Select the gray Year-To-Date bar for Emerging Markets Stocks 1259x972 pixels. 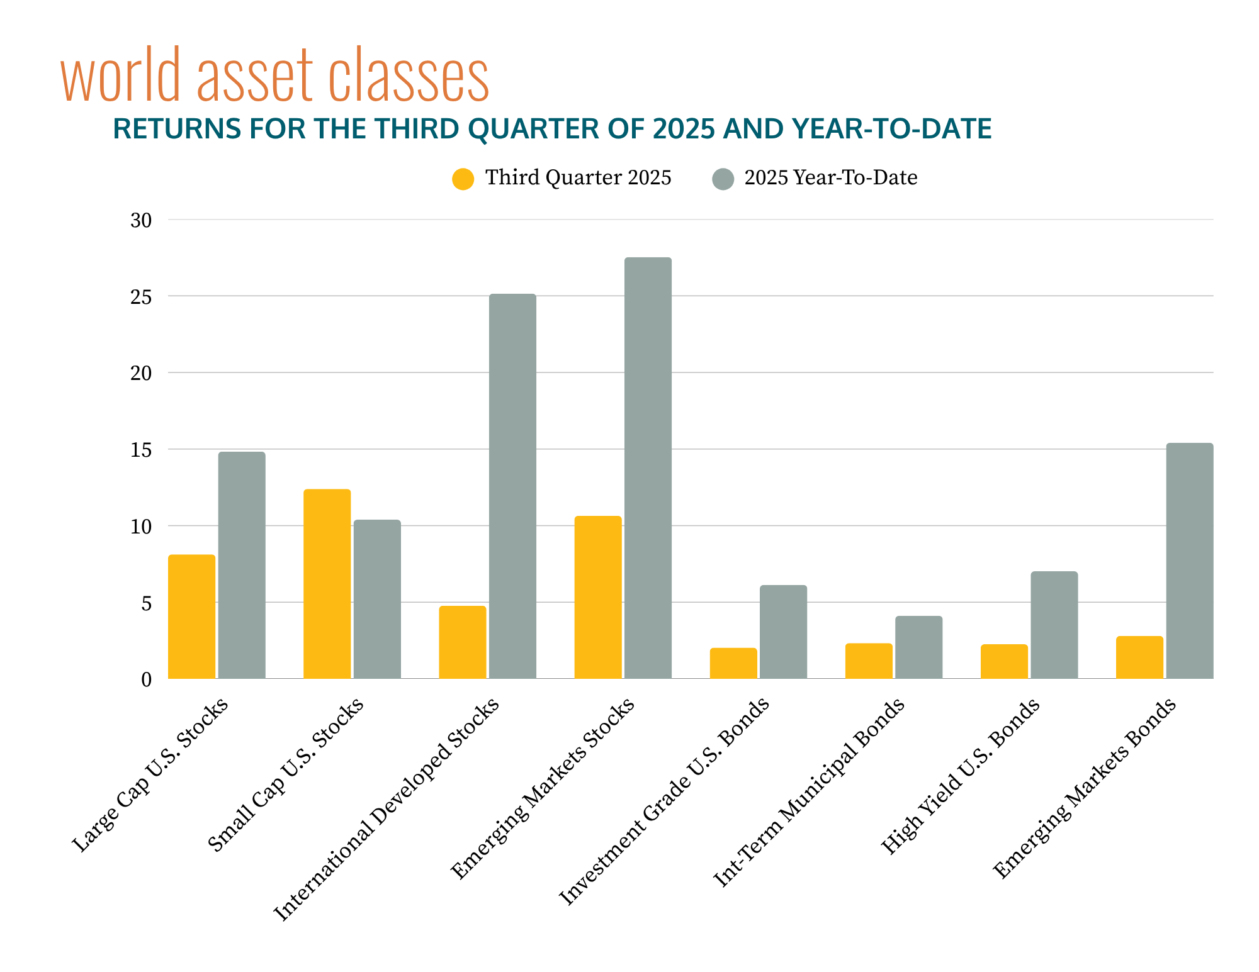coord(648,468)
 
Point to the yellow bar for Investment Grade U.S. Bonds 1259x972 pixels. coord(733,663)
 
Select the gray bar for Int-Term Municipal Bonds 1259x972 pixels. coord(918,647)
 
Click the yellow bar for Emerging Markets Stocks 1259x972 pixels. coord(597,597)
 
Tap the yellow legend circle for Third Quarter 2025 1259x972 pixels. coord(463,179)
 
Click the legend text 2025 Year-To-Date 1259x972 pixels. coord(830,178)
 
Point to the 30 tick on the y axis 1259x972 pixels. coord(141,221)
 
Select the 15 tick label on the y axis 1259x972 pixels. coord(141,450)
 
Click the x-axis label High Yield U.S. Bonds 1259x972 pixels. coord(959,777)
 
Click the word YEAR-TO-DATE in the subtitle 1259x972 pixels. coord(891,129)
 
